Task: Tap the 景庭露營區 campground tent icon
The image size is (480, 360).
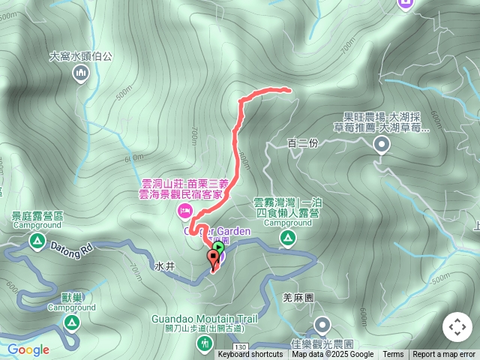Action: [x=37, y=241]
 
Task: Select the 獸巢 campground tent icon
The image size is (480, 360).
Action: [x=71, y=323]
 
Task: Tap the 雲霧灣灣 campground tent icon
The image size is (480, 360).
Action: [x=287, y=238]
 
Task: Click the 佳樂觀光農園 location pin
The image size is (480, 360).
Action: [x=322, y=325]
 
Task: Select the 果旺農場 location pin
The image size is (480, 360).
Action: [x=381, y=146]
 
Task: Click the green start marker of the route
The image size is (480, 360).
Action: [x=218, y=247]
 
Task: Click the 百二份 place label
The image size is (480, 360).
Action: [x=303, y=143]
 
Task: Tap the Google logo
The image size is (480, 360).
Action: [x=28, y=349]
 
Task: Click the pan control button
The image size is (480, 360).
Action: [x=457, y=327]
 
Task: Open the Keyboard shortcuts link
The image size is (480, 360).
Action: [x=250, y=355]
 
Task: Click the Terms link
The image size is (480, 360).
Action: [x=393, y=355]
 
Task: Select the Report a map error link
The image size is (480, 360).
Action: [x=444, y=355]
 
